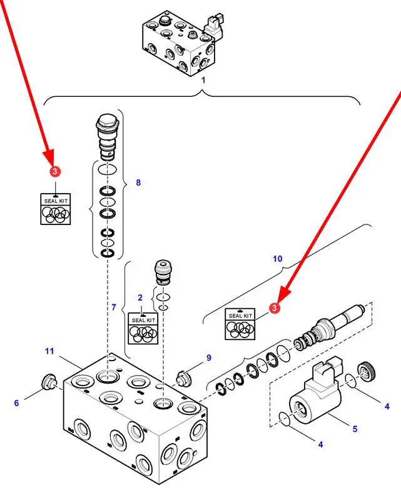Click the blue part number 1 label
[x=203, y=80]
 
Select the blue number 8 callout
[x=138, y=182]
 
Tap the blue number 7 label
[x=114, y=307]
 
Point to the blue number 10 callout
[x=278, y=258]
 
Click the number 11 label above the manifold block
[x=49, y=352]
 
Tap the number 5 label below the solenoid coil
[x=355, y=429]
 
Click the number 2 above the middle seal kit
[x=140, y=297]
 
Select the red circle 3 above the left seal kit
[x=55, y=171]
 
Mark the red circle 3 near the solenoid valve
[x=273, y=307]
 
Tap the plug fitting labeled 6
[x=48, y=381]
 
